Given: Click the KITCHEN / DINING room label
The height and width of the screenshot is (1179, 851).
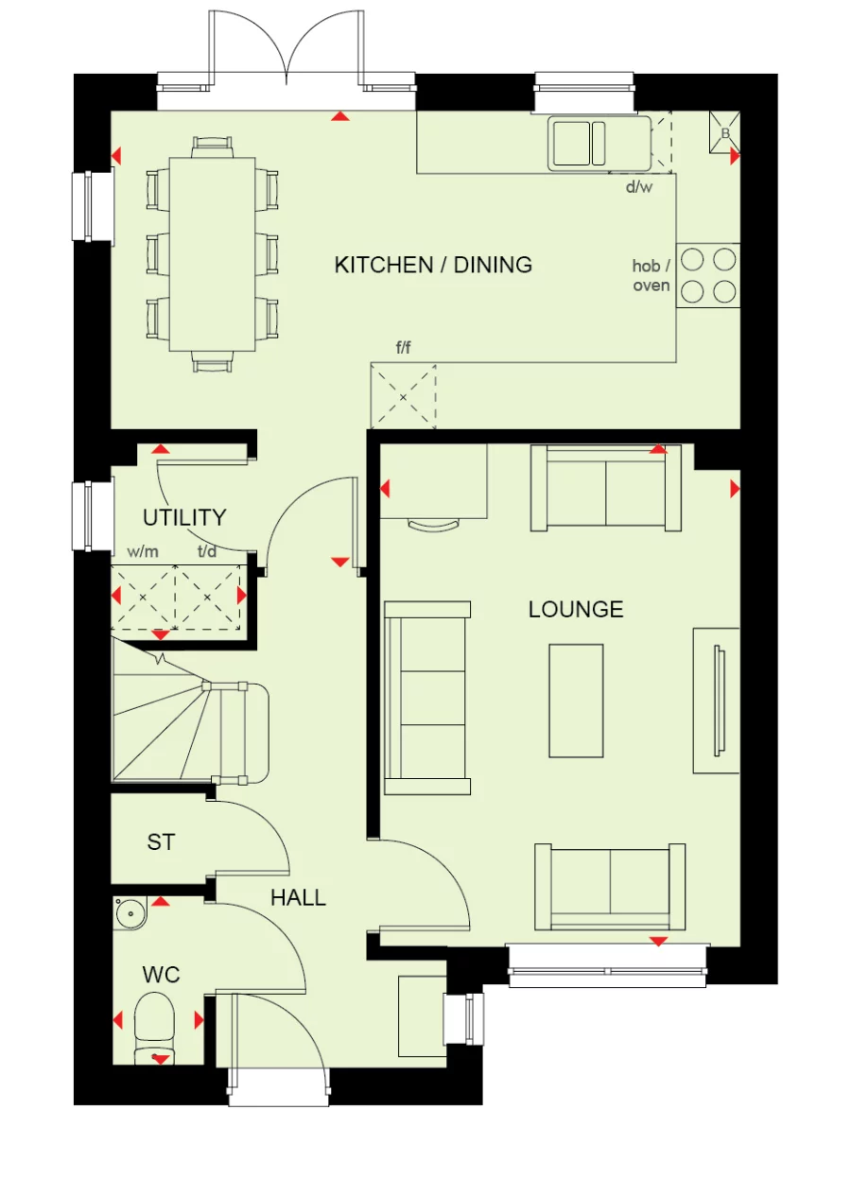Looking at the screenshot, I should tap(433, 265).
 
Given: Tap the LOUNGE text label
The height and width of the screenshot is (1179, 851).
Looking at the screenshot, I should tap(575, 610).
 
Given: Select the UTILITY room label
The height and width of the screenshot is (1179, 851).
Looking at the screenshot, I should tap(184, 517).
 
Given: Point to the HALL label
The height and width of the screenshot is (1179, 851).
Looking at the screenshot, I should tap(298, 898).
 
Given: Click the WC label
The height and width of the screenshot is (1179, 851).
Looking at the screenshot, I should tap(161, 974).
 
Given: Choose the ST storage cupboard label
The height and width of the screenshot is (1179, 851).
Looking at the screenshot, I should tap(161, 841).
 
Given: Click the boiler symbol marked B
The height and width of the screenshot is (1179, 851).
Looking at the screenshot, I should tap(725, 133).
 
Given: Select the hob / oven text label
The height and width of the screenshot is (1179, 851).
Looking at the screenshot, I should tap(651, 276).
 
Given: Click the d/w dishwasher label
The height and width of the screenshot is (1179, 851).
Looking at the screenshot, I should tap(639, 186).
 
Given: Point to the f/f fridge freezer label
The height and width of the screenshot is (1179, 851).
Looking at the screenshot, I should tap(403, 348).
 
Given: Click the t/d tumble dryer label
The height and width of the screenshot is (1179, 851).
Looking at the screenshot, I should tap(207, 550).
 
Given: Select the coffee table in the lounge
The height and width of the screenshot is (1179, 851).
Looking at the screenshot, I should tap(576, 701).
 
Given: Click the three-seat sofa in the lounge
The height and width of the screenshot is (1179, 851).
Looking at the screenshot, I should tap(427, 698).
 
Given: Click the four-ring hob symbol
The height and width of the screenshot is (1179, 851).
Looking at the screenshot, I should tap(708, 274).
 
